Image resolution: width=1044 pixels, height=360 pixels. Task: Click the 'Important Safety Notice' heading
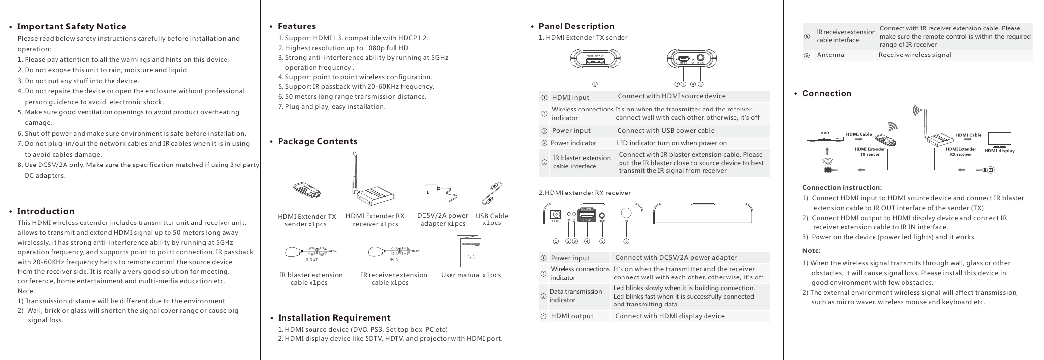[x=71, y=27]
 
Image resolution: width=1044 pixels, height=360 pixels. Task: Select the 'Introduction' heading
[x=46, y=211]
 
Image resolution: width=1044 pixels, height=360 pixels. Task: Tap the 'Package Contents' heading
[x=317, y=141]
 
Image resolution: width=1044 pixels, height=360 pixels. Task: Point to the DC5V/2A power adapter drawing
[x=443, y=193]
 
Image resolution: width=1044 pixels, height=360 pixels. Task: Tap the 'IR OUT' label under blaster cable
[x=311, y=260]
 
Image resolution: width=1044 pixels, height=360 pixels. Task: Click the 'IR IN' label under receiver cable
[x=394, y=260]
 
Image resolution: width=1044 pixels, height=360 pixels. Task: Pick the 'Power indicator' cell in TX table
[x=573, y=143]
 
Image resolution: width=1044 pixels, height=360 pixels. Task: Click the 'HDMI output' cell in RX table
[x=572, y=316]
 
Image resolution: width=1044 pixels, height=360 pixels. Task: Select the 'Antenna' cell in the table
[x=830, y=55]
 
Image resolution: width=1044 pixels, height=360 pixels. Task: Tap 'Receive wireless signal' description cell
[x=915, y=55]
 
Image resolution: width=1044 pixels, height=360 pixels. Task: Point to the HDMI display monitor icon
[x=999, y=138]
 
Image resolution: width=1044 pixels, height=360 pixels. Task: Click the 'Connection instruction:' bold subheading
[x=842, y=187]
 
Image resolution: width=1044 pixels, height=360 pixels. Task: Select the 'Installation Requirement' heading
[x=334, y=318]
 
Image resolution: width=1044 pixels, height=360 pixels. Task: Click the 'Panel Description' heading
[x=576, y=26]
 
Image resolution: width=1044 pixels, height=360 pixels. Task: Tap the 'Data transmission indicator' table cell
[x=575, y=296]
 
